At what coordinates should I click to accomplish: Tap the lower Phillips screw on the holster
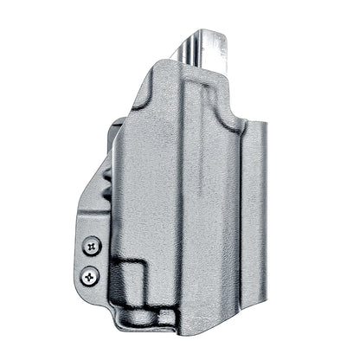coord(90,277)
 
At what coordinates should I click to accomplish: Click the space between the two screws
coord(92,261)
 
